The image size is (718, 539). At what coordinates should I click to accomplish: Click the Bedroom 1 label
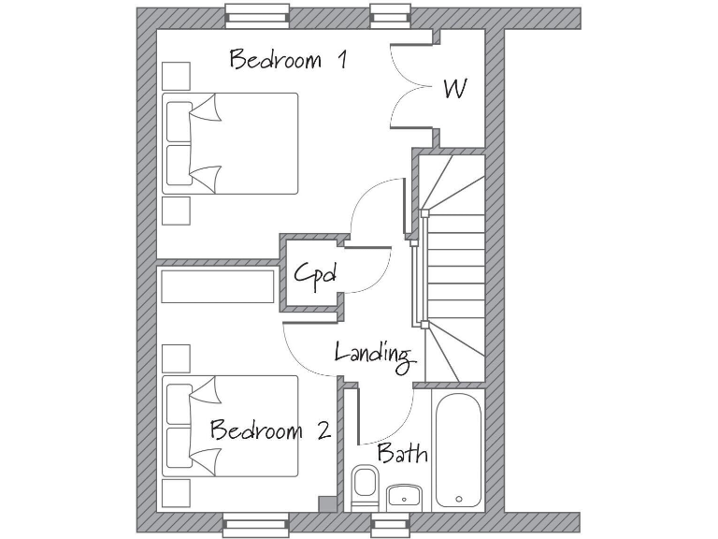tap(288, 61)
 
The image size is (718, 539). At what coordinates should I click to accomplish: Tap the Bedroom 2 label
tap(269, 430)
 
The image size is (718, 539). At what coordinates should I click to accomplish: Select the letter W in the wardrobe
tap(455, 89)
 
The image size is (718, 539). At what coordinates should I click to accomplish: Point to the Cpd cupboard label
tap(314, 274)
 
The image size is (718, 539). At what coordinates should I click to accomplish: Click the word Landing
tap(373, 353)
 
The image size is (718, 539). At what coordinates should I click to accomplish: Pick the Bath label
tap(402, 454)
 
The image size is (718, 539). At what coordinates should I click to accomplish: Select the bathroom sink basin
tap(403, 496)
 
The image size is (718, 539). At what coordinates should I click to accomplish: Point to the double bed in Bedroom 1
tap(230, 143)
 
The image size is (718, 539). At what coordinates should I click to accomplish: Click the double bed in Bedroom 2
tap(230, 426)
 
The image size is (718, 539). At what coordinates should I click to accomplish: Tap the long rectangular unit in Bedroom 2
tap(218, 285)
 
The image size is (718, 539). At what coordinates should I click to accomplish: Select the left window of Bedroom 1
tap(256, 15)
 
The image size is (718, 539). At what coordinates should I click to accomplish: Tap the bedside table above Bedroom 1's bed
tap(176, 75)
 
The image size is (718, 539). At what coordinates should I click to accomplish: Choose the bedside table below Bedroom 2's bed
tap(176, 493)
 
